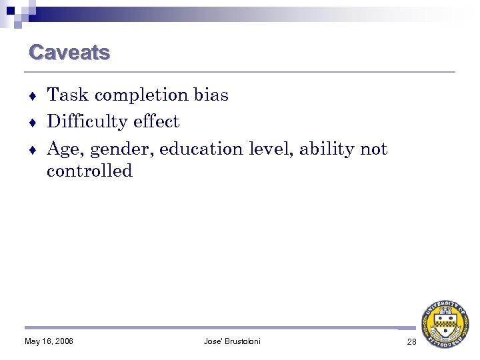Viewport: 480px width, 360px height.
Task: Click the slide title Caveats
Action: pos(69,52)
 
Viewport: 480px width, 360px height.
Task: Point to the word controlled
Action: pos(89,171)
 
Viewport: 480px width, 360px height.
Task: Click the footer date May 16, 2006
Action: pos(49,342)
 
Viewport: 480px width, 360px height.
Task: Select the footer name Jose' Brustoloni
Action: pos(232,342)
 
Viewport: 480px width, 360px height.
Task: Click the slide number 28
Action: pos(411,342)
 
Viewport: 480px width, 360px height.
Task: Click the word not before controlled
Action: pos(373,149)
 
